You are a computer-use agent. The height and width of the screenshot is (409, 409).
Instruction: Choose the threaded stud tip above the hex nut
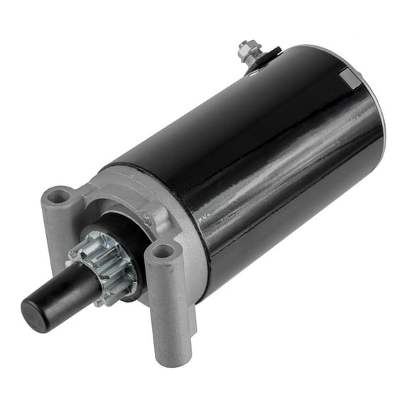click(245, 43)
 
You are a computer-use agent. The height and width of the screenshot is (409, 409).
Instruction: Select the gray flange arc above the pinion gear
click(121, 206)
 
